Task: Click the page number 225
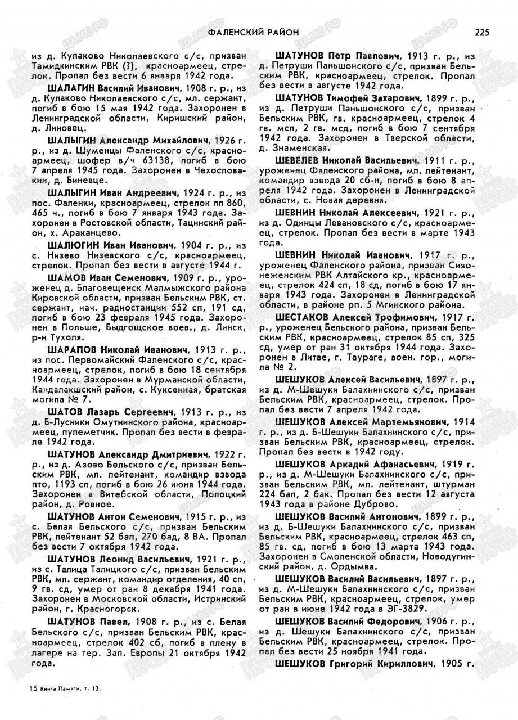[481, 32]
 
